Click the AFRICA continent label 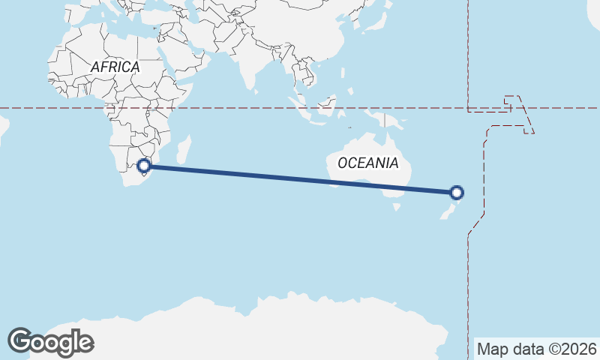115,67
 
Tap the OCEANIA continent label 367,163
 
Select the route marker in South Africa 145,166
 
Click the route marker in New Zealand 457,193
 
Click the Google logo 50,342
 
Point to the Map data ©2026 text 536,349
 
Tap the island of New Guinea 387,120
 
